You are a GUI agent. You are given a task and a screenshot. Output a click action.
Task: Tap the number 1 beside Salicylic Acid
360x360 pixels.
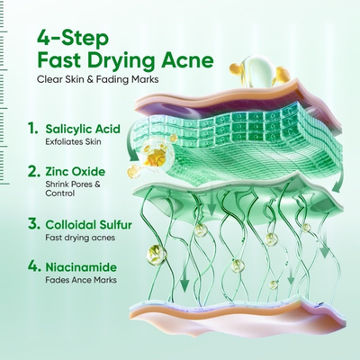pos(32,128)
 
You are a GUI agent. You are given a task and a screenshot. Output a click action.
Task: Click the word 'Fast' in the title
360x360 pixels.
pos(60,62)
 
